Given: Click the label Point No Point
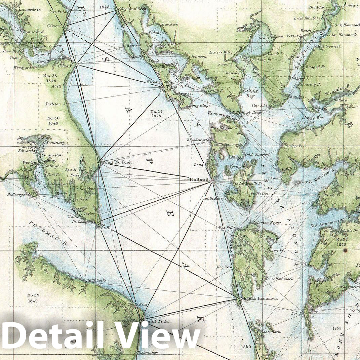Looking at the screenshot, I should (117, 162).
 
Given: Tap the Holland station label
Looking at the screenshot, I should (199, 180).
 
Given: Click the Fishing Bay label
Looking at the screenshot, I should (251, 93).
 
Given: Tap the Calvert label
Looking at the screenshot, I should (54, 26).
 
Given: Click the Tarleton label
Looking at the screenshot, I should (53, 104).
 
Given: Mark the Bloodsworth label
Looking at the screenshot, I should (198, 140).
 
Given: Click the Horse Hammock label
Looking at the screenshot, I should (279, 279).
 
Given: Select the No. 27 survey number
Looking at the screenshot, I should (156, 112).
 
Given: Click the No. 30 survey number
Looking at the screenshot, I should (53, 118).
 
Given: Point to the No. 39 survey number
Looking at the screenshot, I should (33, 295).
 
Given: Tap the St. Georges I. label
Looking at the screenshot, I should (19, 195).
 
